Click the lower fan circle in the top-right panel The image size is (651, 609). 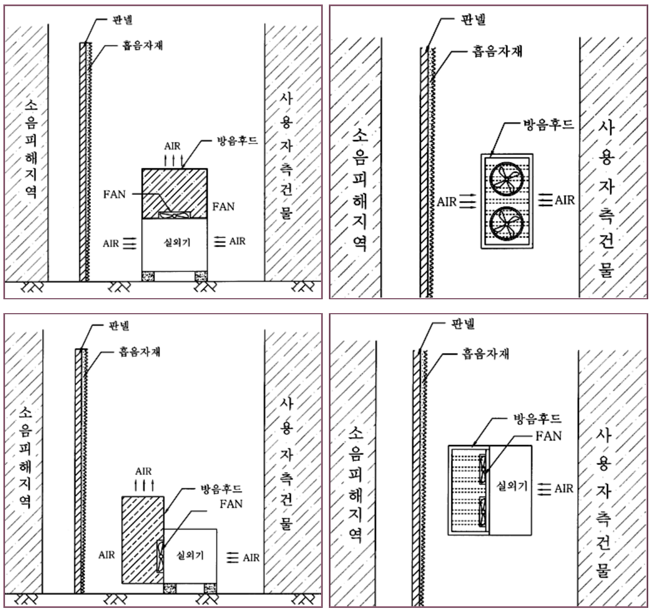coord(506,223)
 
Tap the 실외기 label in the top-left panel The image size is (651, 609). coord(177,242)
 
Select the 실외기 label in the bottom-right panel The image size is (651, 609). coord(512,485)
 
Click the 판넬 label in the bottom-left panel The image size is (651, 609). coord(119,325)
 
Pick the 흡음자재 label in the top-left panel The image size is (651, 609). coord(143,45)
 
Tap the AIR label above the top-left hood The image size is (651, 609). coord(172,146)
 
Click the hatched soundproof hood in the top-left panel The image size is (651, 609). coord(174,193)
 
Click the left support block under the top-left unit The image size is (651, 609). coord(148,277)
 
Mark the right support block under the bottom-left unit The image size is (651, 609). coord(210,588)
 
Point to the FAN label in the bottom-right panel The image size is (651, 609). coord(548,436)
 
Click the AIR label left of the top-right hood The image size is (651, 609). coord(447,202)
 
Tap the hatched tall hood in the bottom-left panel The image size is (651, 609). coord(143,540)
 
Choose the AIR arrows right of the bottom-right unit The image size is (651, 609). coord(545,489)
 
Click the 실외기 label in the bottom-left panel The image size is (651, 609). coord(190,555)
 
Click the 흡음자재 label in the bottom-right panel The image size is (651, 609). coord(485,354)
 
